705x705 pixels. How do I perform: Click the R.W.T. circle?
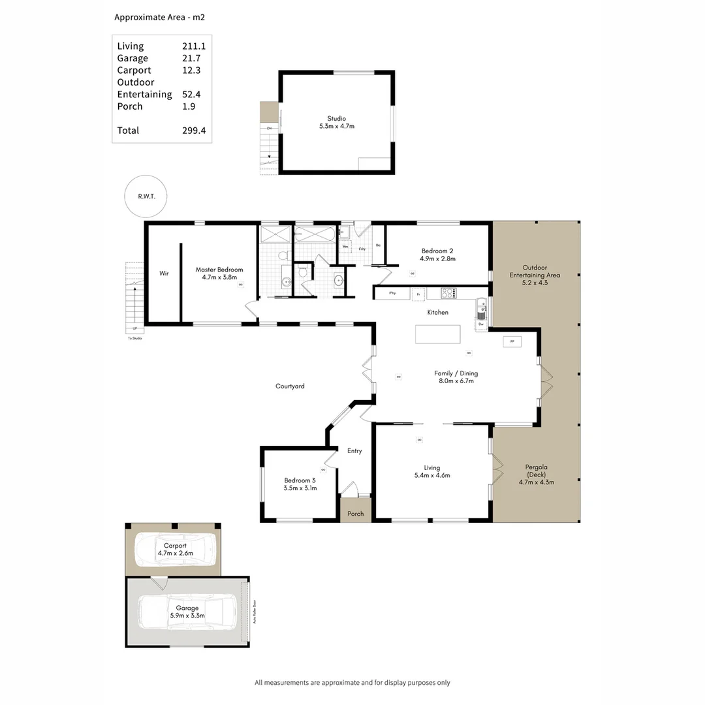pyautogui.click(x=145, y=196)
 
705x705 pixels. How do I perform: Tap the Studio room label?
pyautogui.click(x=336, y=118)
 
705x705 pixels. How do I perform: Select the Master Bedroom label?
pyautogui.click(x=219, y=270)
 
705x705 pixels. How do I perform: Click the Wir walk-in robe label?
pyautogui.click(x=164, y=274)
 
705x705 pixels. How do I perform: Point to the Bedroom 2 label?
pyautogui.click(x=437, y=251)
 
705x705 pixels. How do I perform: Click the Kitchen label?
pyautogui.click(x=437, y=313)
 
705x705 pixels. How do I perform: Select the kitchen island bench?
pyautogui.click(x=437, y=334)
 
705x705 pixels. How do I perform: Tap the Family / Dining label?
pyautogui.click(x=456, y=373)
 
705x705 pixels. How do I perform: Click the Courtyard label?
pyautogui.click(x=290, y=386)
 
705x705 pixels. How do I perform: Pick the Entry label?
pyautogui.click(x=354, y=451)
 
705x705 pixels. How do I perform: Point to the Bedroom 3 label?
pyautogui.click(x=300, y=480)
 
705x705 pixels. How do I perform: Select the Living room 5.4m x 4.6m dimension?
pyautogui.click(x=431, y=475)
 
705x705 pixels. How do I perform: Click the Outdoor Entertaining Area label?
pyautogui.click(x=535, y=271)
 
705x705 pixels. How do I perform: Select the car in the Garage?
pyautogui.click(x=187, y=612)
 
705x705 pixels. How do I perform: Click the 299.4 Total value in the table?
pyautogui.click(x=194, y=131)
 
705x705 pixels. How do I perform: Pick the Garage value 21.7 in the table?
pyautogui.click(x=192, y=58)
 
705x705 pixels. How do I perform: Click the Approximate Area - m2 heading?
pyautogui.click(x=160, y=18)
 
